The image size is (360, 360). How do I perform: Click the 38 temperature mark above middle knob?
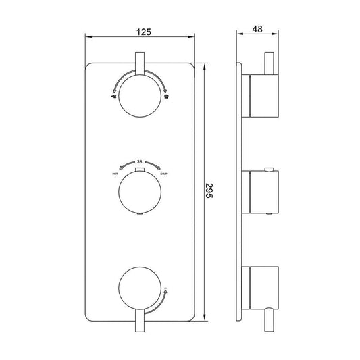tap(140, 162)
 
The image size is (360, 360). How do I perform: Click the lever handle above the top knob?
tap(140, 66)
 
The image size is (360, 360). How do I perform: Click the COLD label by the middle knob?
tap(164, 174)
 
